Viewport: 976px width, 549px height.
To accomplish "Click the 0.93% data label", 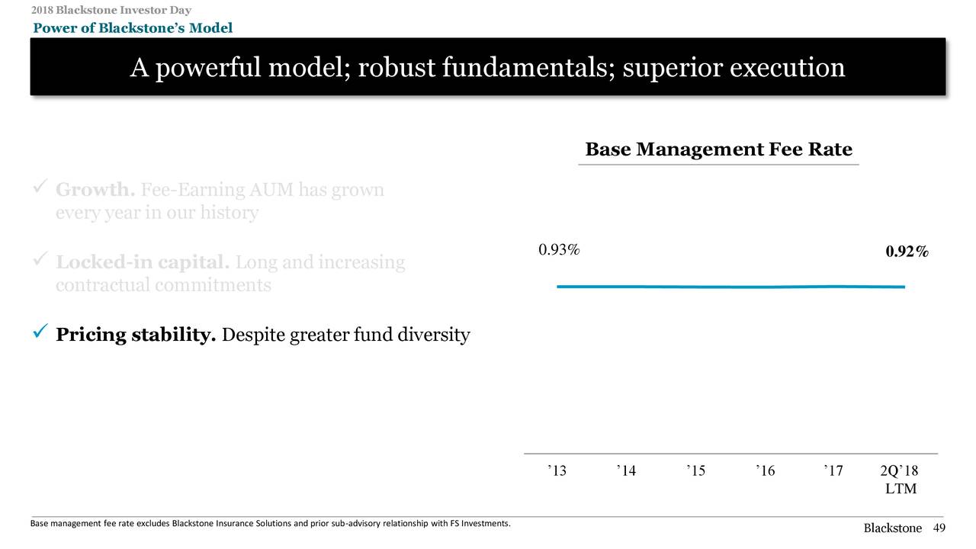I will click(x=559, y=250).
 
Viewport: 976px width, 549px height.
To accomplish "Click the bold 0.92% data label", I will click(x=907, y=252).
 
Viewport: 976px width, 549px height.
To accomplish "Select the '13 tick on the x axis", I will click(x=557, y=470).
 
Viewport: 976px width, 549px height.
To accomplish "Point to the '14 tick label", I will click(x=626, y=470).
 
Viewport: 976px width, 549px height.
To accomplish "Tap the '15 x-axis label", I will click(x=695, y=470).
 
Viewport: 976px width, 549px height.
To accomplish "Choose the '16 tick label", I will click(x=766, y=470).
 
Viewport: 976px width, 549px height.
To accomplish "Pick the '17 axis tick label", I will click(x=833, y=470).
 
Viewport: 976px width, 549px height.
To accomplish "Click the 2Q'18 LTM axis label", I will click(x=901, y=480).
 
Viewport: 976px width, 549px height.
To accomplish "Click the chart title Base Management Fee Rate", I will click(x=718, y=149).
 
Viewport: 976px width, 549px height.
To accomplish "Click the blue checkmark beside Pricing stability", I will click(x=43, y=332).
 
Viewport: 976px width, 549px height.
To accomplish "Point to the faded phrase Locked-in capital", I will click(x=143, y=262).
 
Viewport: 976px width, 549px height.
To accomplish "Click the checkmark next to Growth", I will click(x=43, y=187).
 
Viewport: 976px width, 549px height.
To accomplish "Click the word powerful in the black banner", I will click(x=206, y=69).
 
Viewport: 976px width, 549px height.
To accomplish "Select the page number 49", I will click(x=939, y=528).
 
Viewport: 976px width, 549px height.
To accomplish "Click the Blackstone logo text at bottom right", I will click(x=892, y=528).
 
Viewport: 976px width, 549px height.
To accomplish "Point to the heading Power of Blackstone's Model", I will click(x=133, y=28).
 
